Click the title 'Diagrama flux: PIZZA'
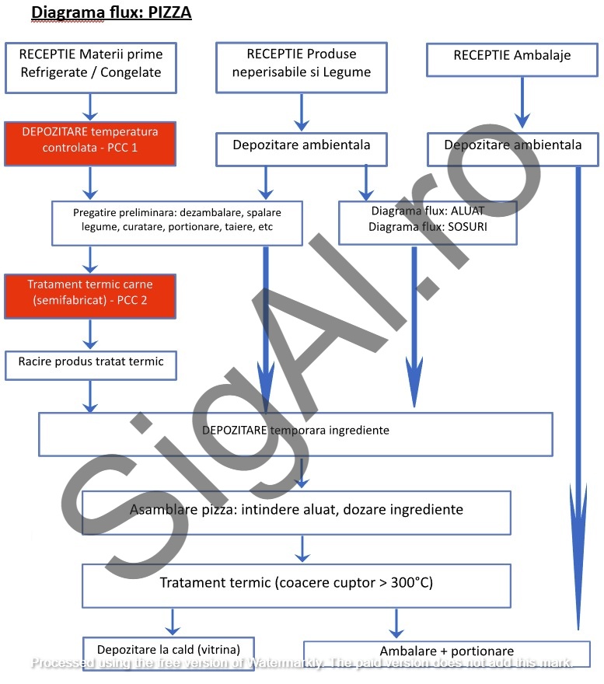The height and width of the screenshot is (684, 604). click(x=110, y=12)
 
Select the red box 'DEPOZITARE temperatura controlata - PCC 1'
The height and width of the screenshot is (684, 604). click(x=90, y=143)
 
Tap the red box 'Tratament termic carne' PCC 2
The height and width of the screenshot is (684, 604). click(x=90, y=295)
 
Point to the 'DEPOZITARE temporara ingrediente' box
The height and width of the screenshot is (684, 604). click(x=295, y=433)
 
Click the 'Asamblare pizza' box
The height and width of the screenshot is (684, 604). click(x=296, y=512)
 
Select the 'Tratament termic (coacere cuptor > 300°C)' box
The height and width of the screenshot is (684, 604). click(x=296, y=585)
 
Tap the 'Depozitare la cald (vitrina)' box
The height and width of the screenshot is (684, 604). click(x=169, y=650)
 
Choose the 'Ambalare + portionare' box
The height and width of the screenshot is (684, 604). click(x=446, y=653)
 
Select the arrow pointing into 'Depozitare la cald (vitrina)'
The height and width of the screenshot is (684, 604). click(x=172, y=622)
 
